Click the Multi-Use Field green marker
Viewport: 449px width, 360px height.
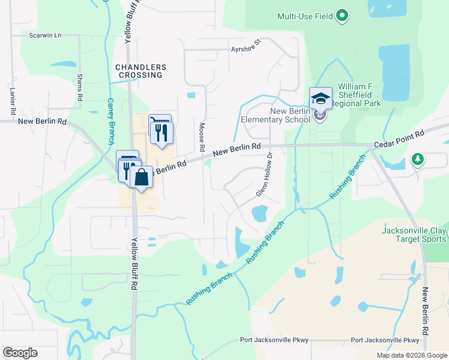342,16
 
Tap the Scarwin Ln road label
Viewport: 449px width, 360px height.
46,35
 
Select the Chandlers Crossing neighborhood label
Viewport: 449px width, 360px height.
139,71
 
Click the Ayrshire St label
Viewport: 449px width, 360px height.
247,46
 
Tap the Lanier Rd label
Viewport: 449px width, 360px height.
13,102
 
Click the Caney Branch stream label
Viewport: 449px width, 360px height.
110,122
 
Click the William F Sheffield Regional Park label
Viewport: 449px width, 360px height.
355,95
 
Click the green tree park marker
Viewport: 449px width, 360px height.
417,160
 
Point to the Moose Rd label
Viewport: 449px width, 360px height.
202,136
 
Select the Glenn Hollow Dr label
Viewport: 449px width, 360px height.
265,175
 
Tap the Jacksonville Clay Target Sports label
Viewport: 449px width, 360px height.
414,234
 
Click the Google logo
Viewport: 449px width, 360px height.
20,353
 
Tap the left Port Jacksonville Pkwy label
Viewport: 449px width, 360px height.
274,340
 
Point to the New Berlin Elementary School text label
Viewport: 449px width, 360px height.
276,115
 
